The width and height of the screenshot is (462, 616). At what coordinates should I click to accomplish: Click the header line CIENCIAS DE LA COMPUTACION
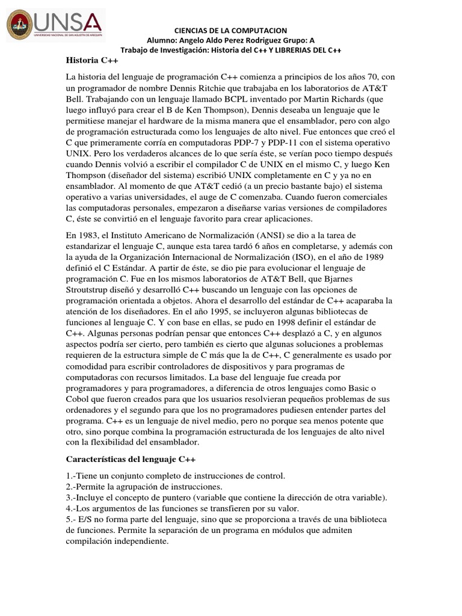pos(230,30)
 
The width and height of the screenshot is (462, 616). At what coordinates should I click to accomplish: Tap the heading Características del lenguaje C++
pos(128,459)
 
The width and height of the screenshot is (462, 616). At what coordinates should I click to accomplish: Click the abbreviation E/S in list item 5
pos(85,519)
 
